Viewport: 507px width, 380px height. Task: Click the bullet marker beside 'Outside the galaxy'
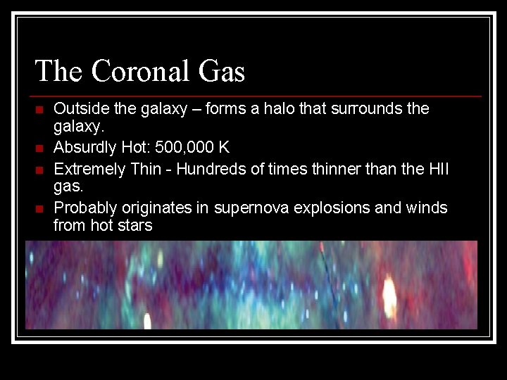pyautogui.click(x=39, y=110)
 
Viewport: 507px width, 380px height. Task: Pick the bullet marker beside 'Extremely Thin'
pyautogui.click(x=39, y=169)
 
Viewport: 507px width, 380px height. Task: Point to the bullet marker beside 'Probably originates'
pyautogui.click(x=39, y=208)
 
